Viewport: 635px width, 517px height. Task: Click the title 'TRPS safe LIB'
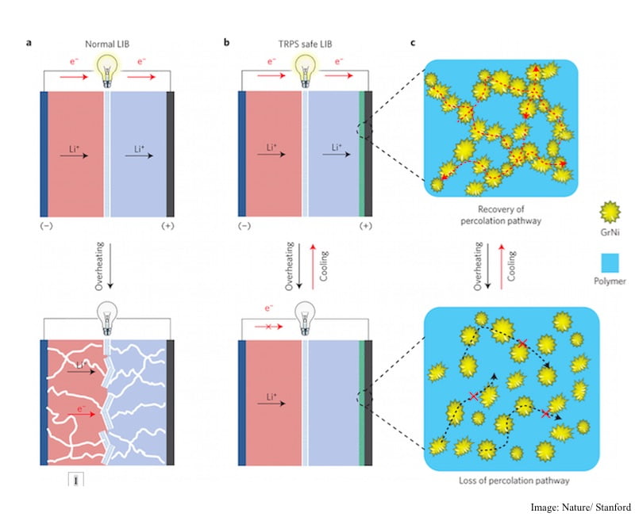click(302, 45)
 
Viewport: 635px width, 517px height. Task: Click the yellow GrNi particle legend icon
click(610, 213)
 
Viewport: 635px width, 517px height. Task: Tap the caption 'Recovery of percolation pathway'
click(503, 215)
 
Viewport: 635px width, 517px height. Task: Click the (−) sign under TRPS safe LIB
click(244, 226)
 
